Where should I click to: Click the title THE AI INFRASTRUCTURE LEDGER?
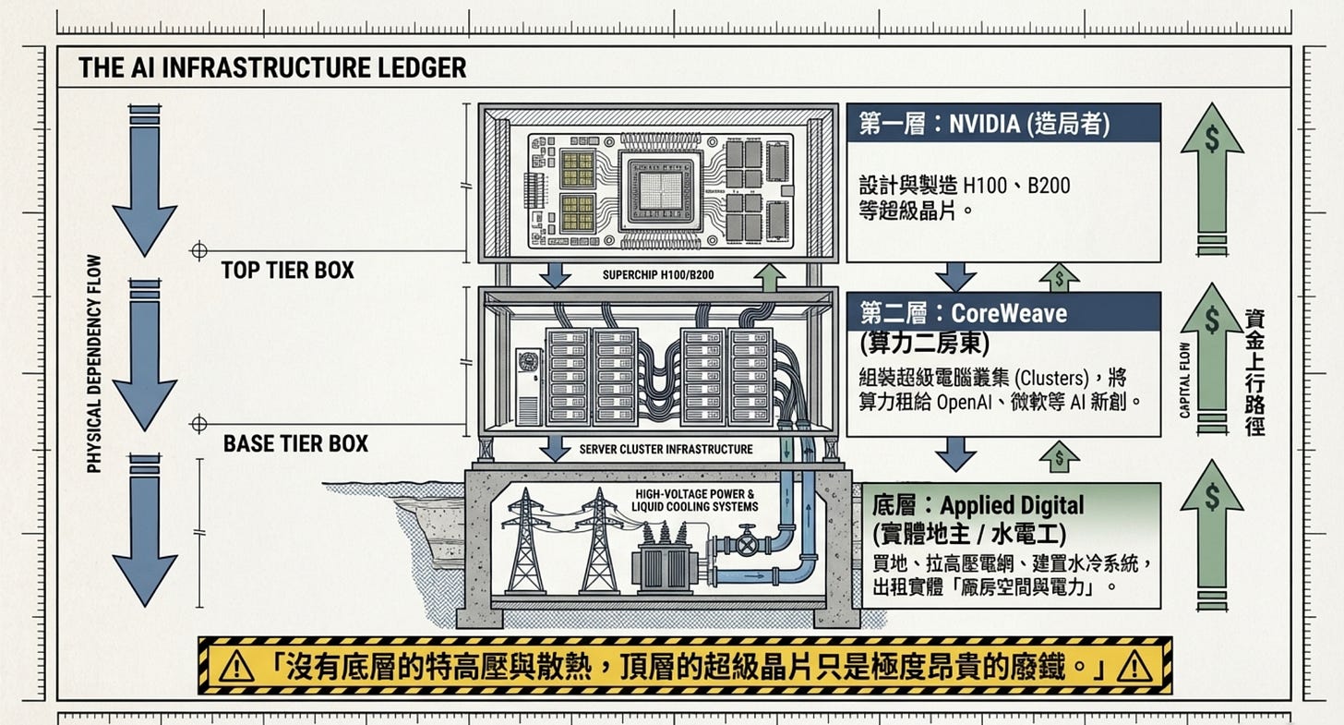pyautogui.click(x=271, y=67)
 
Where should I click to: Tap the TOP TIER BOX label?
pyautogui.click(x=287, y=271)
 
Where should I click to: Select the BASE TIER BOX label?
pyautogui.click(x=295, y=443)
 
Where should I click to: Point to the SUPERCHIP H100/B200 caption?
pyautogui.click(x=657, y=275)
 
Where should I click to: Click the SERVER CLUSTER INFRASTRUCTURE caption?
pyautogui.click(x=666, y=450)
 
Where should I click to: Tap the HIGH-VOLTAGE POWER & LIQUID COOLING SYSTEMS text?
pyautogui.click(x=694, y=500)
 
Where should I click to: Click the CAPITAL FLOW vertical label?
pyautogui.click(x=1185, y=380)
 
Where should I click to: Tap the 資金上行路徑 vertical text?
pyautogui.click(x=1254, y=371)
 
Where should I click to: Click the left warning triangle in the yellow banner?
pyautogui.click(x=237, y=666)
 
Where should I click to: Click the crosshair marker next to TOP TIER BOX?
pyautogui.click(x=198, y=250)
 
